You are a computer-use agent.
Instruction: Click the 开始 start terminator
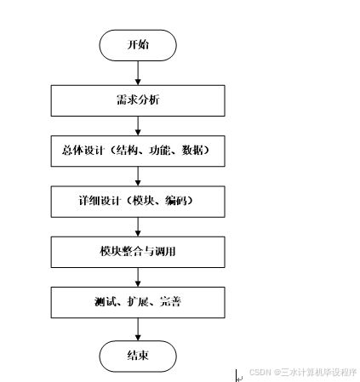tap(137, 45)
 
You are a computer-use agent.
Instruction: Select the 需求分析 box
tap(137, 100)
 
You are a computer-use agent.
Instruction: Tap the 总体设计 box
tap(137, 151)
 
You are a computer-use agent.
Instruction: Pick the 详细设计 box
tap(137, 202)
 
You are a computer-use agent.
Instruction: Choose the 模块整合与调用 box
tap(137, 252)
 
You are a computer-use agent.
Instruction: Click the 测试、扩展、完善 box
tap(137, 302)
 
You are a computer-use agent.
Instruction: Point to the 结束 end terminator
tap(137, 355)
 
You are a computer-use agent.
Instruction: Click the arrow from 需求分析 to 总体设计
tap(137, 125)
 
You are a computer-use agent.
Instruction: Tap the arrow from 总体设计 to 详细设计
tap(137, 176)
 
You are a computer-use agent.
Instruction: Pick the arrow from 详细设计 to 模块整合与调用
tap(137, 226)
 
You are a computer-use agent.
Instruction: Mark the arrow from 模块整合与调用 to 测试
tap(137, 277)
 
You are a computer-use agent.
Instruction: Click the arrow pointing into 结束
tap(137, 330)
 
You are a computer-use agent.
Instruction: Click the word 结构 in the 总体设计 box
tap(139, 151)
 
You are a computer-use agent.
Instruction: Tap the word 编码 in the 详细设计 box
tap(176, 202)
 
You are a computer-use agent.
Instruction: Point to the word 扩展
tap(137, 302)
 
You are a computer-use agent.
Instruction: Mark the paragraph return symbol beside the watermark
tap(239, 373)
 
